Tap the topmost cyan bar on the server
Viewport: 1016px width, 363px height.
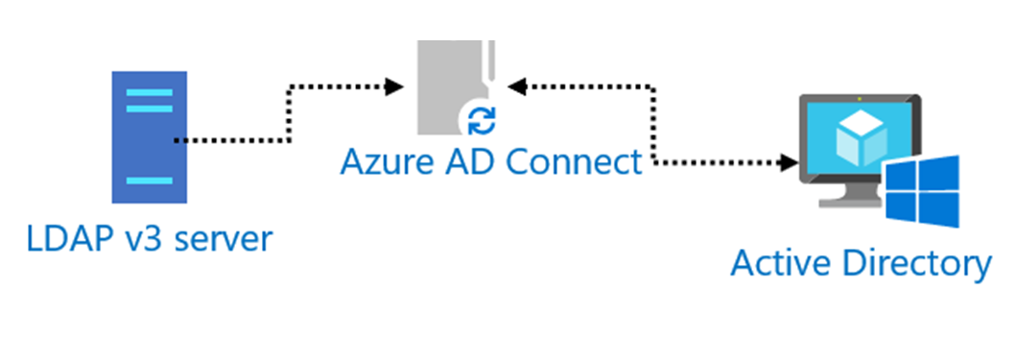(x=149, y=93)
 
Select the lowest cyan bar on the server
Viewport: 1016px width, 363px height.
(x=149, y=180)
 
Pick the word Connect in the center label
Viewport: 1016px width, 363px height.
(x=574, y=161)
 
